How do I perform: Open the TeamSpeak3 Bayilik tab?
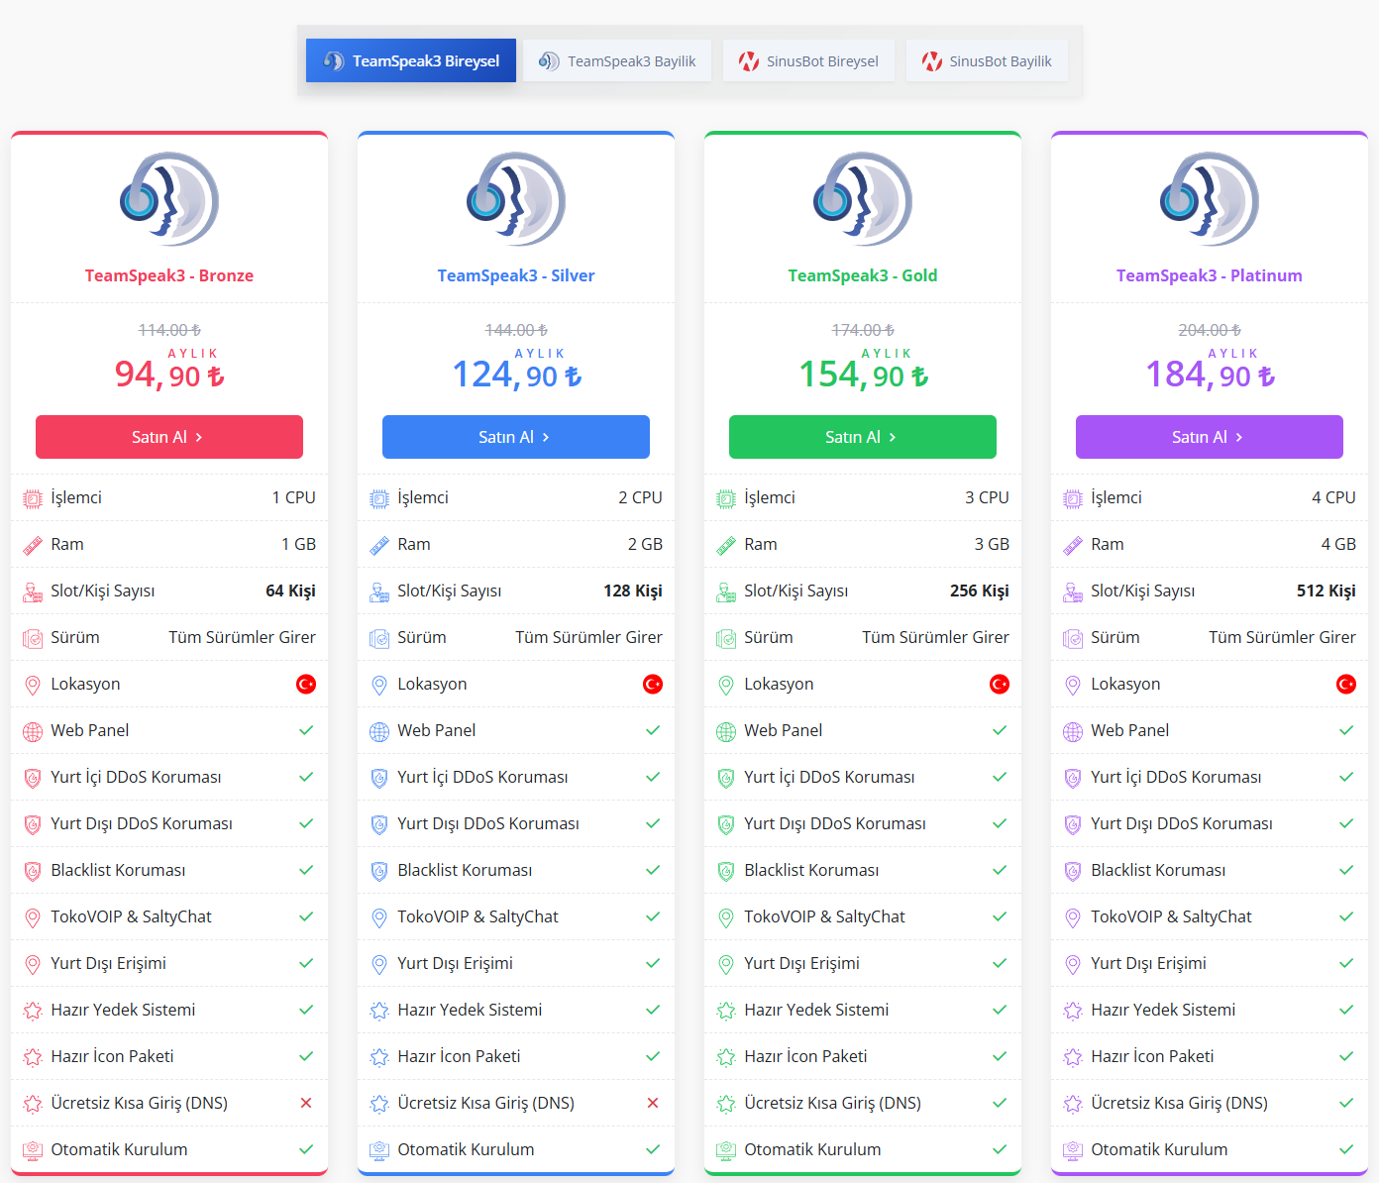(x=617, y=60)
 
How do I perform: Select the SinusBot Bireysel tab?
(x=808, y=60)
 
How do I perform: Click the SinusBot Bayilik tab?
(x=987, y=60)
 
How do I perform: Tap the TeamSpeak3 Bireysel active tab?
(x=411, y=60)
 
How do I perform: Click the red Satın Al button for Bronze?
(x=169, y=437)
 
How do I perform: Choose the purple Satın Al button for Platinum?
(x=1209, y=437)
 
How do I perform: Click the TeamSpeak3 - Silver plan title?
(x=516, y=275)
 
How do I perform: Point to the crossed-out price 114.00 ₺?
(x=169, y=330)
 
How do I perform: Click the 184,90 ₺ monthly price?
(x=1210, y=374)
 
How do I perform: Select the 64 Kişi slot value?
(x=290, y=591)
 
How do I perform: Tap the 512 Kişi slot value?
(x=1326, y=591)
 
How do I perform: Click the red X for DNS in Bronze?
(x=306, y=1103)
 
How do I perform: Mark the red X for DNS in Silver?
(x=653, y=1103)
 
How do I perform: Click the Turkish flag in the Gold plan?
(x=1000, y=684)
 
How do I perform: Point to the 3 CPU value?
(x=987, y=497)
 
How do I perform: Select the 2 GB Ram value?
(x=645, y=545)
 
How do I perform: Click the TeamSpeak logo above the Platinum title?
(x=1209, y=199)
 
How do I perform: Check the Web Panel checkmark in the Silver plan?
(x=653, y=730)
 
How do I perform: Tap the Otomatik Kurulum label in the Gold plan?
(x=812, y=1149)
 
